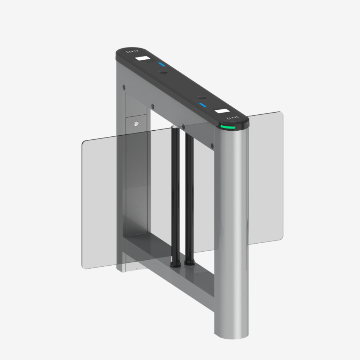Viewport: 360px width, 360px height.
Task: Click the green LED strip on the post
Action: (x=228, y=127)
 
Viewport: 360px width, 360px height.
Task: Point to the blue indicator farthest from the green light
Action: (x=162, y=65)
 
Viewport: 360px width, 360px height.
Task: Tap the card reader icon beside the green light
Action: (x=232, y=118)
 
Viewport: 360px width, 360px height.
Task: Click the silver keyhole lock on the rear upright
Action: (x=136, y=123)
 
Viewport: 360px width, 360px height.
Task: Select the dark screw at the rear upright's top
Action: (x=123, y=87)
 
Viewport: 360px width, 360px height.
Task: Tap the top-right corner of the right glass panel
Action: (x=282, y=113)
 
